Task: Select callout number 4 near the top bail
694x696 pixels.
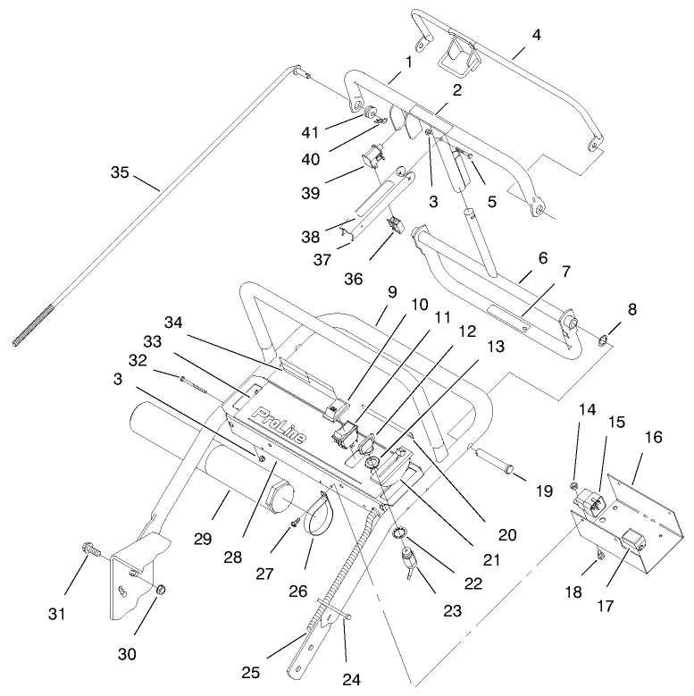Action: (535, 36)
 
